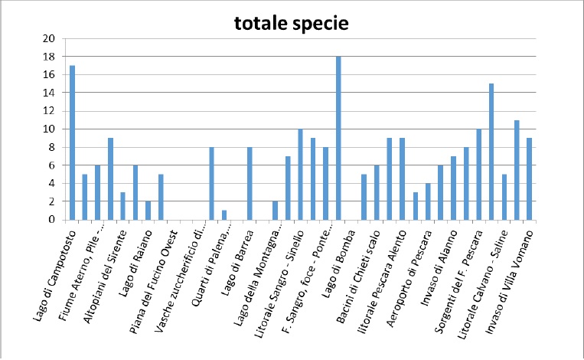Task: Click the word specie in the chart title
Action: pos(321,25)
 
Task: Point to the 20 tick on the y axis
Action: pos(49,38)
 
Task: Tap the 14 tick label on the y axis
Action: pos(49,93)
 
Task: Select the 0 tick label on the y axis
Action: pos(52,220)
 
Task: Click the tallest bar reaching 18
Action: pos(338,138)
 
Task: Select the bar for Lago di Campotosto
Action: pos(72,142)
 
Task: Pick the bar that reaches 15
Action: pos(491,152)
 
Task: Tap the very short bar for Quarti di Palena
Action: pos(224,215)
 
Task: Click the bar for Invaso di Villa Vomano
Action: pos(529,179)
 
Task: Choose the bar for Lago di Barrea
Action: pos(250,183)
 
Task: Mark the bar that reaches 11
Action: pos(517,170)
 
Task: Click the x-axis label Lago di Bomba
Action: pos(338,263)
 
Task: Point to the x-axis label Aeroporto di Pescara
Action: pos(409,278)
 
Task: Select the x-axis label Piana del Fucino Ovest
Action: pos(153,282)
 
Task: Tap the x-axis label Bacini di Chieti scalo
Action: pos(358,277)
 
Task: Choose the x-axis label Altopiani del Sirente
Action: pos(105,277)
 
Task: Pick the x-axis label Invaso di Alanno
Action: pos(439,267)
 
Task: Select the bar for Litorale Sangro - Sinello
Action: pos(300,175)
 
